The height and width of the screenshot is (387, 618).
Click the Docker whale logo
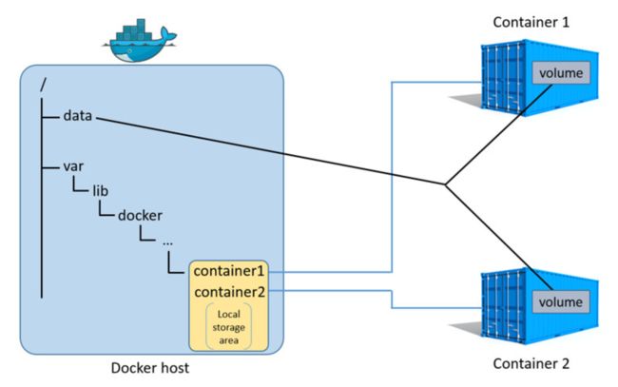(x=140, y=42)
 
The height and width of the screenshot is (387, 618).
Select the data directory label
(x=78, y=116)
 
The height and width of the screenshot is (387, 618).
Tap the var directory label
(x=73, y=166)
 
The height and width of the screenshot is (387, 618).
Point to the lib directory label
(x=101, y=191)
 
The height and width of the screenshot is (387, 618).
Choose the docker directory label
(x=140, y=215)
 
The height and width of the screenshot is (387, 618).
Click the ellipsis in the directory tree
(x=167, y=242)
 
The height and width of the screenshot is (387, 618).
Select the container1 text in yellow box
(x=228, y=271)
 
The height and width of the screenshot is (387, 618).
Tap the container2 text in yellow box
(x=230, y=292)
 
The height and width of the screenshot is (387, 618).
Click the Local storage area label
(x=228, y=327)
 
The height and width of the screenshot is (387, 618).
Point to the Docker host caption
(x=150, y=368)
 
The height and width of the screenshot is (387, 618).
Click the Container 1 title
(x=531, y=22)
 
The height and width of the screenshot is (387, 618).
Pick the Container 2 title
(x=531, y=363)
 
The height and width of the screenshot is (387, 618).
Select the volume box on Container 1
(x=561, y=73)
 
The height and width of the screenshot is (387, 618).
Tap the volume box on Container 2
(x=560, y=302)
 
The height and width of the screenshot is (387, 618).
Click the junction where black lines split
(x=445, y=184)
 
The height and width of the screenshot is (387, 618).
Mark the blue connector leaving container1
(x=392, y=177)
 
